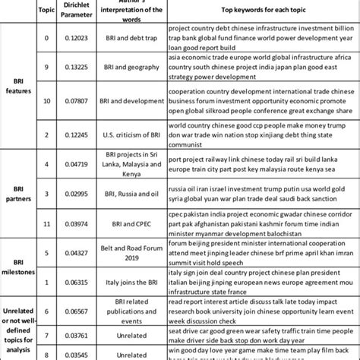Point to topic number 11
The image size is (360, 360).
(x=48, y=224)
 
